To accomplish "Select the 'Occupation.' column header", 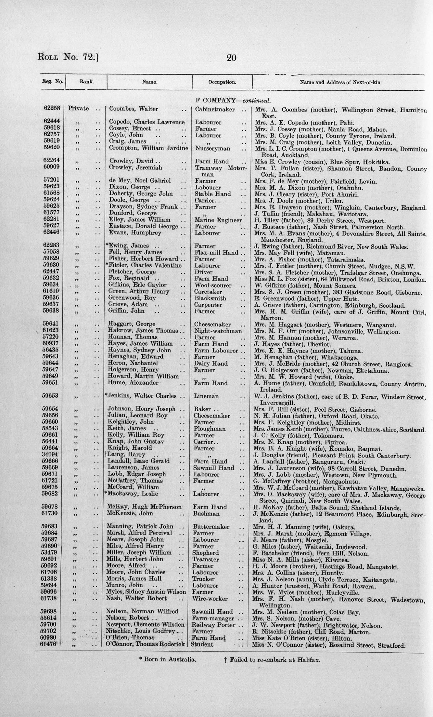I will point(222,82).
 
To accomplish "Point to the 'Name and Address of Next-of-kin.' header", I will point(341,83).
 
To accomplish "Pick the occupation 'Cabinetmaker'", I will point(215,110).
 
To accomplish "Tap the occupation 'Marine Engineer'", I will point(218,220).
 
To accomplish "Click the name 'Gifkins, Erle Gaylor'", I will point(137,285).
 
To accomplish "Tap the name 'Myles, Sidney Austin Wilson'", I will point(146,592).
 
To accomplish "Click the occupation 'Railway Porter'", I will point(213,625).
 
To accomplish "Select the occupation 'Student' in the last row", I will point(202,644).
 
